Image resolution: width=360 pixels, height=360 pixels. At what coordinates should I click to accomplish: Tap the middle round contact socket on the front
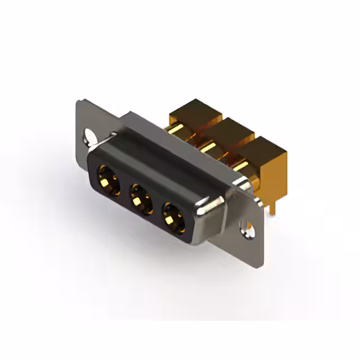[141, 197]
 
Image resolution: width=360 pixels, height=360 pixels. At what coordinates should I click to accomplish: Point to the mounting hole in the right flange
[247, 227]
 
